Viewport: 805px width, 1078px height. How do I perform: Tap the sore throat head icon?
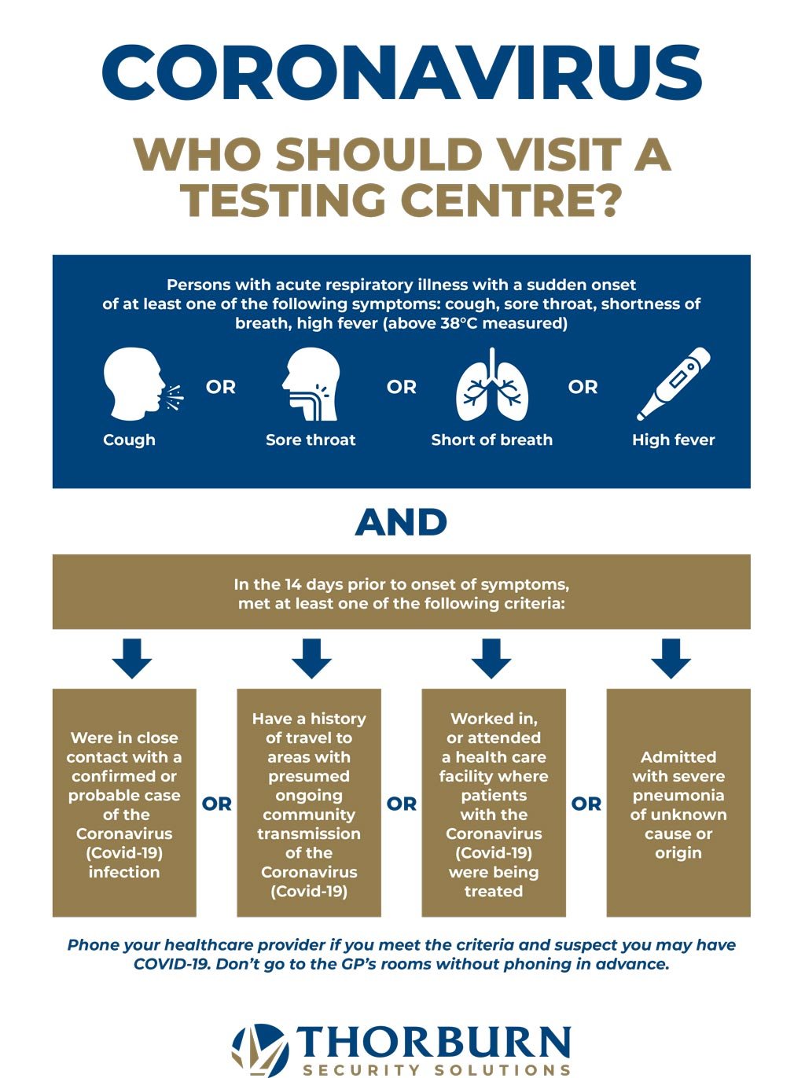(x=311, y=384)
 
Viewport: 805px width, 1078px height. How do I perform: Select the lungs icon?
(x=492, y=384)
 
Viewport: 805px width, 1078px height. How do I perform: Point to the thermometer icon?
(x=674, y=384)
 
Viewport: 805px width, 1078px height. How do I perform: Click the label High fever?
(x=674, y=440)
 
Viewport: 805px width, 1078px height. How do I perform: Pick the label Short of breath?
(x=492, y=440)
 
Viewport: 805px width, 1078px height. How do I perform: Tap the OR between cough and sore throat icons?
(x=221, y=387)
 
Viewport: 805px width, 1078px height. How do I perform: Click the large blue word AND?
(x=401, y=521)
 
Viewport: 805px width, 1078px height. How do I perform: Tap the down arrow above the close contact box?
(x=132, y=659)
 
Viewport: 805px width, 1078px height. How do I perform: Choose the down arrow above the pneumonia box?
(x=671, y=659)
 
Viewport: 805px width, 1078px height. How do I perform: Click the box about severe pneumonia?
(x=678, y=803)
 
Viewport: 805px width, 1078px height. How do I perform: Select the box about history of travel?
(x=309, y=803)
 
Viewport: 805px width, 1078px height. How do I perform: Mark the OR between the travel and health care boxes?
(x=402, y=804)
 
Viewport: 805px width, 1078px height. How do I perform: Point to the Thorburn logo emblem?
(x=259, y=1050)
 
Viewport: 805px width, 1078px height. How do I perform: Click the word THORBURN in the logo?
(x=433, y=1040)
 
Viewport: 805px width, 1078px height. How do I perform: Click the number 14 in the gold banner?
(x=293, y=584)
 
